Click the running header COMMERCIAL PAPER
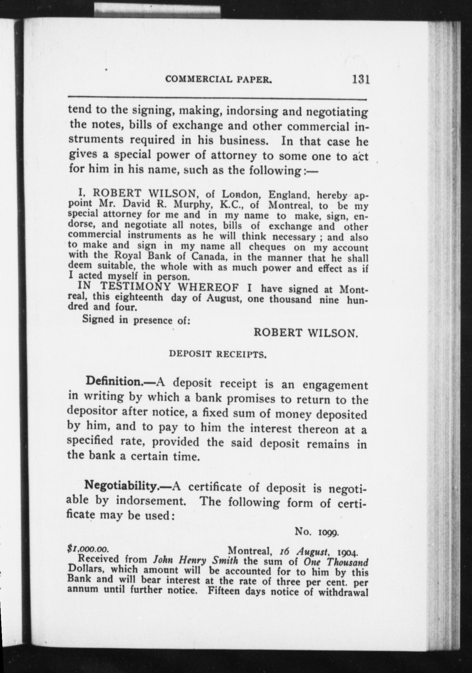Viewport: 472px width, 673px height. (218, 80)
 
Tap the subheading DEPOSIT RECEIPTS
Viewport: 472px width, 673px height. (217, 355)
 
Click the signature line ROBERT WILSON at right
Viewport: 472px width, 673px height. (306, 332)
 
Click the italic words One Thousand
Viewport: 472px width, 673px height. (336, 562)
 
